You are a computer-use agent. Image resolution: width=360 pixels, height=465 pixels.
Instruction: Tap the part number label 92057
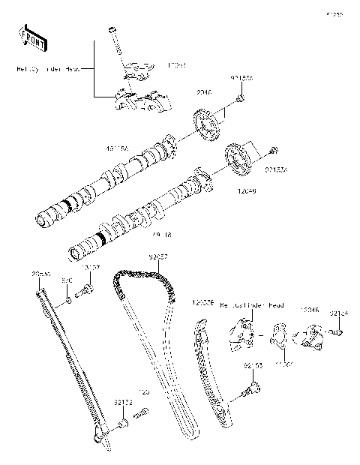[x=157, y=256]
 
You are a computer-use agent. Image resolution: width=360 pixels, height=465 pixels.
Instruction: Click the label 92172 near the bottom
[x=124, y=403]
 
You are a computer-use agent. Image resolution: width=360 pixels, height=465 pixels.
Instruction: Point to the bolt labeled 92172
[x=121, y=427]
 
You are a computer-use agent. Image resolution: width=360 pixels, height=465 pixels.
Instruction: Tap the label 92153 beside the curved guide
[x=252, y=365]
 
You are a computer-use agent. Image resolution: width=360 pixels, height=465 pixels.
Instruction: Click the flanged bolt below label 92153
[x=253, y=387]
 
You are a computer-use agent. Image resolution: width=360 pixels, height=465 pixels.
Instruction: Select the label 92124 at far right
[x=340, y=313]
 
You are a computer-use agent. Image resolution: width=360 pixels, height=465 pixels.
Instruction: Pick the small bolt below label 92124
[x=339, y=331]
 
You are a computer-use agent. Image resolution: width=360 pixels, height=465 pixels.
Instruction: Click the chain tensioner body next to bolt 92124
[x=311, y=337]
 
